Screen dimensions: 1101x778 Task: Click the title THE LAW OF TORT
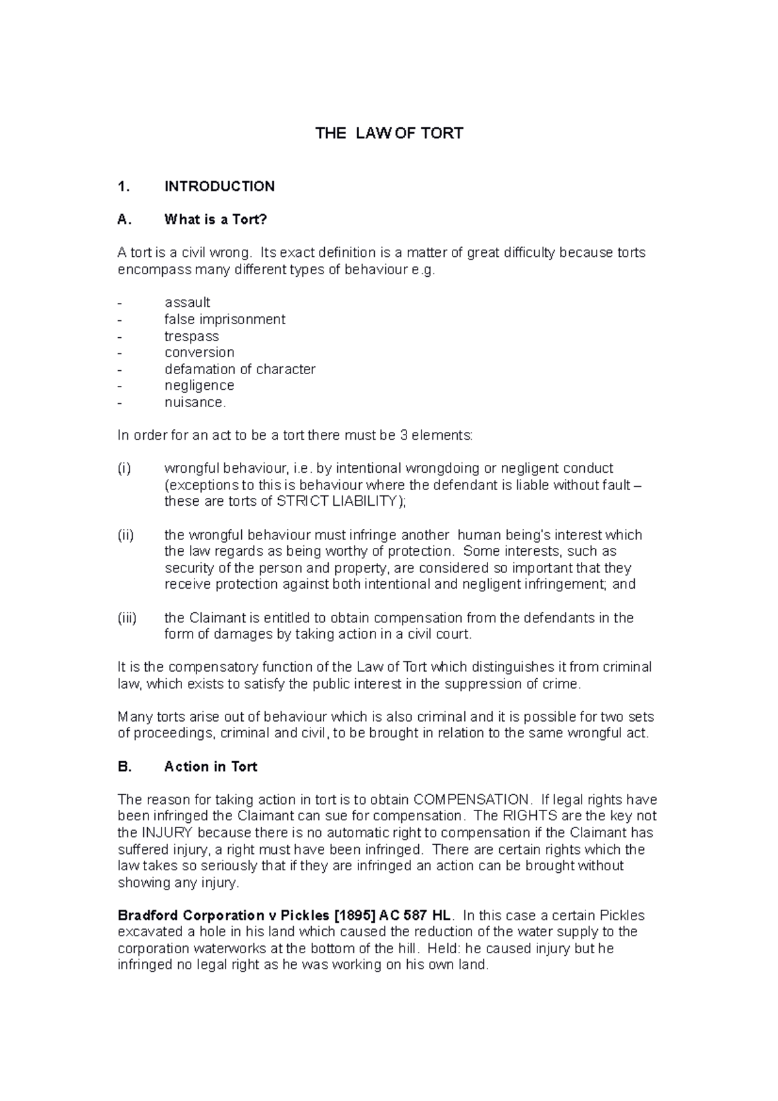pyautogui.click(x=389, y=134)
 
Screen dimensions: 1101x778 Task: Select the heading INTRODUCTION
pyautogui.click(x=219, y=187)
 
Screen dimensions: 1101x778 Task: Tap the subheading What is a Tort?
pyautogui.click(x=215, y=220)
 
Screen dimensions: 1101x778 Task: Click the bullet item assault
pyautogui.click(x=187, y=303)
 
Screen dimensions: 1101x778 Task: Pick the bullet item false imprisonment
pyautogui.click(x=224, y=320)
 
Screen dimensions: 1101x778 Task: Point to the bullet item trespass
pyautogui.click(x=191, y=337)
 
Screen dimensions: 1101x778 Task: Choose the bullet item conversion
pyautogui.click(x=199, y=353)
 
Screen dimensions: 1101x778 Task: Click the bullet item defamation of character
pyautogui.click(x=239, y=370)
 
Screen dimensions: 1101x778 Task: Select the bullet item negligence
pyautogui.click(x=199, y=386)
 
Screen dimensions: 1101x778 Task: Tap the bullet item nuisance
pyautogui.click(x=195, y=403)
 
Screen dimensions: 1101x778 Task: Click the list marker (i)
pyautogui.click(x=124, y=469)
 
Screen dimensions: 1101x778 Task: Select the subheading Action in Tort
pyautogui.click(x=210, y=767)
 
